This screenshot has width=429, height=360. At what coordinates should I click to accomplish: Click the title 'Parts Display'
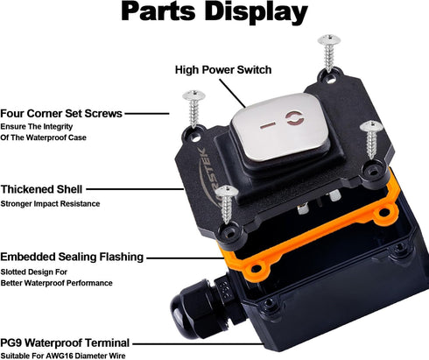(x=214, y=12)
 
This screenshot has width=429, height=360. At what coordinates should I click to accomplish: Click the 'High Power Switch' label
(x=223, y=70)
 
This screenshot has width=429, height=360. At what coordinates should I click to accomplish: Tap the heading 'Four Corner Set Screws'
(x=61, y=113)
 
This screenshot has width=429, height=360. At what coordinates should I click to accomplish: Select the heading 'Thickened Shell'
(x=41, y=189)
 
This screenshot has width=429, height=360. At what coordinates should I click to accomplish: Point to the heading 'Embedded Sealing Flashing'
(x=72, y=257)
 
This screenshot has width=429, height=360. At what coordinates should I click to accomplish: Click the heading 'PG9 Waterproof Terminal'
(x=65, y=342)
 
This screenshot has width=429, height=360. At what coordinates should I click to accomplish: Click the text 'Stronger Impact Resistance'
(x=50, y=204)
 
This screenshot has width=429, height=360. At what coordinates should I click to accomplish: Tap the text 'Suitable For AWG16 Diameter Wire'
(x=63, y=356)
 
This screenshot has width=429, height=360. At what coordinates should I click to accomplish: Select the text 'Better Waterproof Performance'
(x=56, y=283)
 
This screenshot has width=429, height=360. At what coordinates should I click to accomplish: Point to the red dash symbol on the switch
(x=268, y=125)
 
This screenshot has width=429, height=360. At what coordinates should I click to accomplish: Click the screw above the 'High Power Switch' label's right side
(x=329, y=53)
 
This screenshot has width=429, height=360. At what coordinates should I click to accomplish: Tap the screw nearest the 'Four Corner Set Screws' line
(x=193, y=109)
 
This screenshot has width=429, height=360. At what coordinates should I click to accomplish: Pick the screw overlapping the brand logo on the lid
(x=227, y=204)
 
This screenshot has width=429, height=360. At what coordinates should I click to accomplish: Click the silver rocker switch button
(x=281, y=125)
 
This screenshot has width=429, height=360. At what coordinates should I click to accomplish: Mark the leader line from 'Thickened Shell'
(x=135, y=189)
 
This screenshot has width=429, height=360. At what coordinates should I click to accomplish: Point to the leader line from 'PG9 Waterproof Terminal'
(x=198, y=344)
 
